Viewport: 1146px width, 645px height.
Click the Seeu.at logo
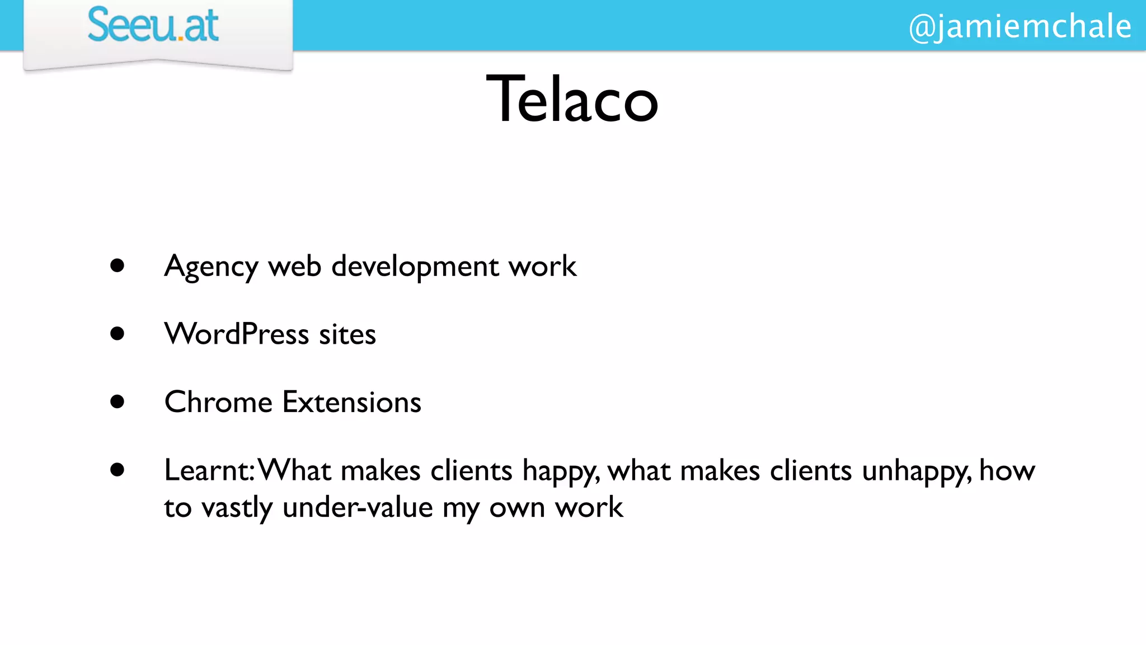pyautogui.click(x=153, y=25)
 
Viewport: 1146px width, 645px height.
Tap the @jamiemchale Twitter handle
pyautogui.click(x=1020, y=26)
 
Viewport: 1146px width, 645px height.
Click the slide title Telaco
pyautogui.click(x=572, y=100)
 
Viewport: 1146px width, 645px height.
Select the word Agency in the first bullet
pyautogui.click(x=211, y=267)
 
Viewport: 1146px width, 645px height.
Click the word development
pyautogui.click(x=415, y=266)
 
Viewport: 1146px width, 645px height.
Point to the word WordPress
pyautogui.click(x=236, y=334)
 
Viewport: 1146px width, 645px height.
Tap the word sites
pyautogui.click(x=347, y=335)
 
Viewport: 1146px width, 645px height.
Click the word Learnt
pyautogui.click(x=208, y=470)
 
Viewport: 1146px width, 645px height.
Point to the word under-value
pyautogui.click(x=358, y=508)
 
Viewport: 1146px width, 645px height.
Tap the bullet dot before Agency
pyautogui.click(x=117, y=265)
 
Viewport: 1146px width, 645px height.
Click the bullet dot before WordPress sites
pyautogui.click(x=117, y=334)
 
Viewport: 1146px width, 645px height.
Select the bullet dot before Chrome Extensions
pyautogui.click(x=117, y=401)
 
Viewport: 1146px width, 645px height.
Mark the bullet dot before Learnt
pyautogui.click(x=117, y=470)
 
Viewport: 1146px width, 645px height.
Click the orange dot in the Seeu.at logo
pyautogui.click(x=180, y=39)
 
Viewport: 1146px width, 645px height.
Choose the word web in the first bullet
pyautogui.click(x=295, y=266)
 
